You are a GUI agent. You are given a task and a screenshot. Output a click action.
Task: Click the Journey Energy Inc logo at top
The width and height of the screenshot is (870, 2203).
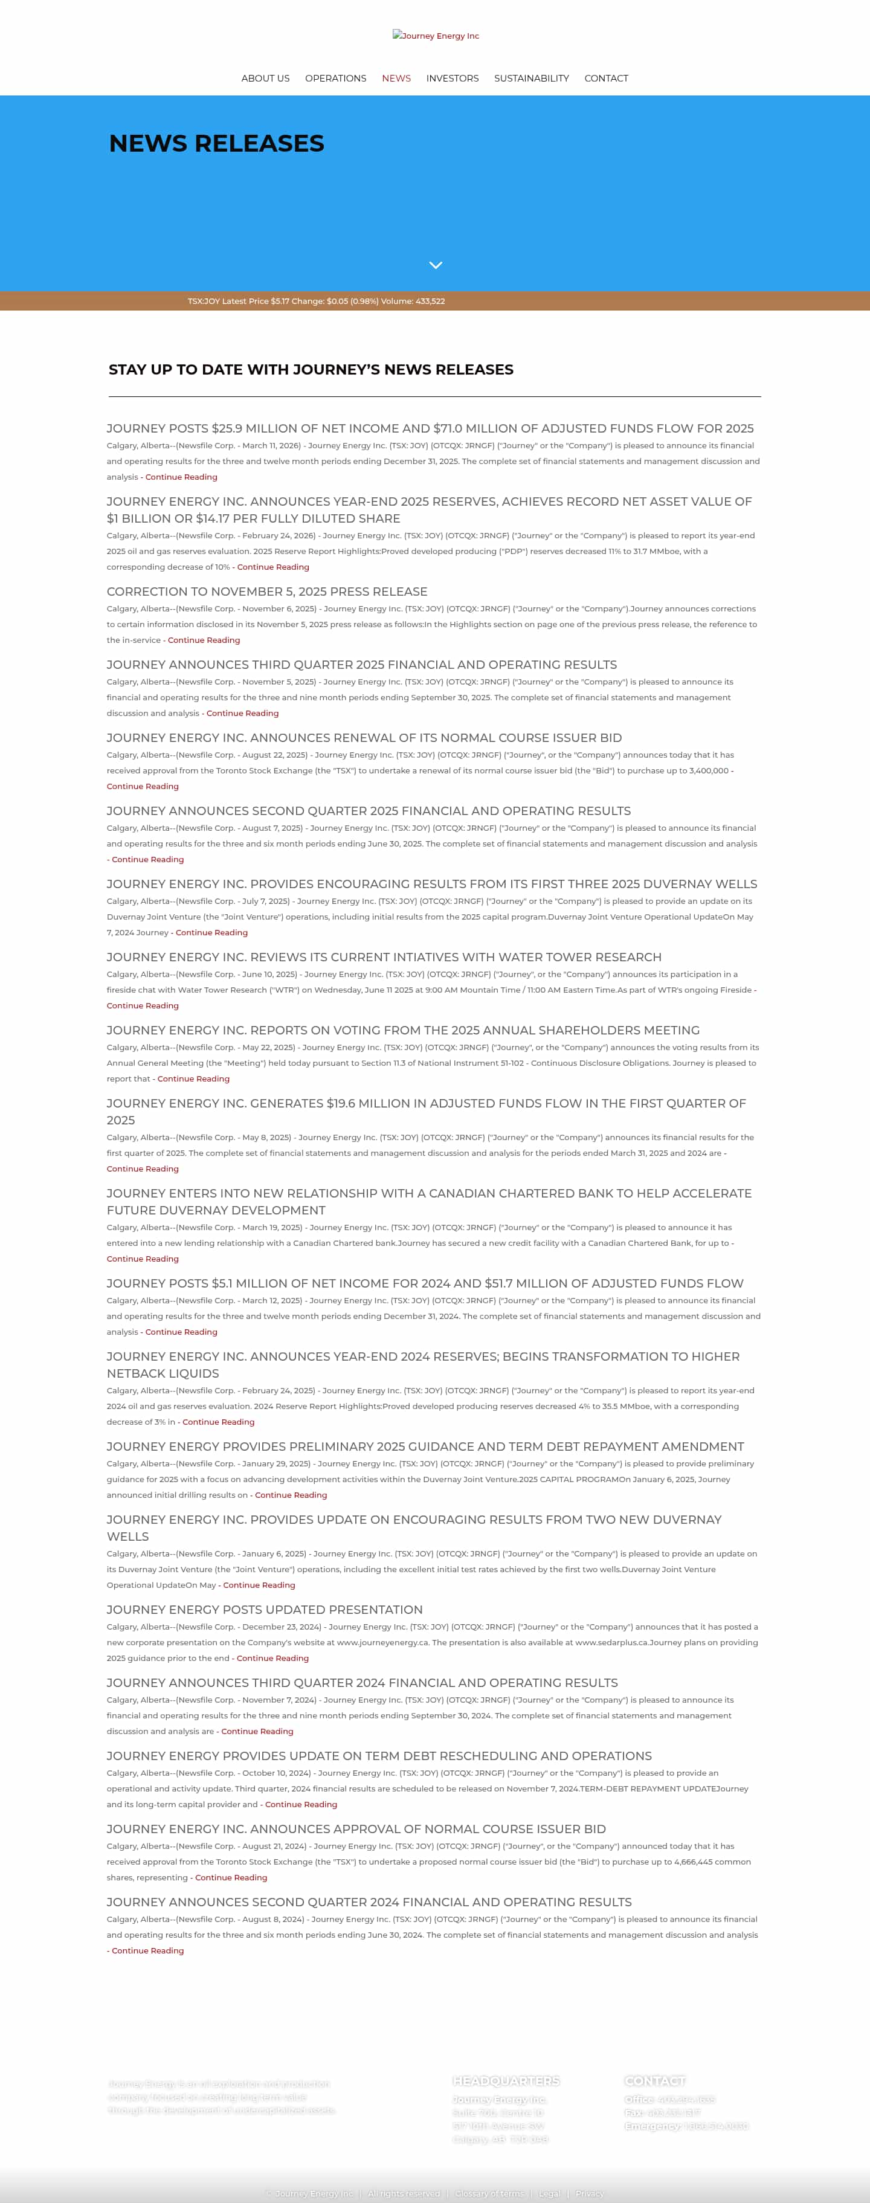coord(436,36)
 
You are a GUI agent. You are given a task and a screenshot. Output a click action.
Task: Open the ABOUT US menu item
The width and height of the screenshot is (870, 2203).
coord(265,79)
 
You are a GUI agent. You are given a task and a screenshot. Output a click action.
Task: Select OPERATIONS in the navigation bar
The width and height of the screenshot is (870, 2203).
coord(335,79)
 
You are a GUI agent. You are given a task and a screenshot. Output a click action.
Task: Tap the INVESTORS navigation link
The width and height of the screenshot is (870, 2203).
coord(452,79)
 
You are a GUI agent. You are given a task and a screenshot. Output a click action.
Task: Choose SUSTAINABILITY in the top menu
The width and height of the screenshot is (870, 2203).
coord(531,79)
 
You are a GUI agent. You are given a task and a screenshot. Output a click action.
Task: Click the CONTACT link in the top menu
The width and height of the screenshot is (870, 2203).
coord(605,79)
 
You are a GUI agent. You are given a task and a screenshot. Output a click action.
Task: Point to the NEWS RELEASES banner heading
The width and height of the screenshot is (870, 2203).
coord(216,144)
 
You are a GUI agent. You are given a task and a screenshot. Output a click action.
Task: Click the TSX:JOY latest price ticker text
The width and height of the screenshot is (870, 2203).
coord(315,301)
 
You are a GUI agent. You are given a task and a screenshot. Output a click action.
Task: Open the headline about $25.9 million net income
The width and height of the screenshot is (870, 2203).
coord(430,428)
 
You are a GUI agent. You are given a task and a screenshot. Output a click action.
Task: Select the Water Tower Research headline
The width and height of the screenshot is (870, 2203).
coord(383,957)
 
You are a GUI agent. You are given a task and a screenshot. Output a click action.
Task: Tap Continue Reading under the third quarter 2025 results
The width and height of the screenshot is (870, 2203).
coord(242,713)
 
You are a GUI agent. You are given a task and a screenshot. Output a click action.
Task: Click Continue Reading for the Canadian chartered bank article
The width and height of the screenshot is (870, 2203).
coord(143,1259)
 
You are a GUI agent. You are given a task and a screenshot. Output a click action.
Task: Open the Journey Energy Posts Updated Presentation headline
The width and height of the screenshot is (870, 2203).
coord(265,1610)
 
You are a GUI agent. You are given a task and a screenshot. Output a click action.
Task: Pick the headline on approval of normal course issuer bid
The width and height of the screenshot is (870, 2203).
coord(356,1829)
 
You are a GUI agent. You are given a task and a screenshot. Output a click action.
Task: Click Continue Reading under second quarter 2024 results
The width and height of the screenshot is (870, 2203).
coord(147,1950)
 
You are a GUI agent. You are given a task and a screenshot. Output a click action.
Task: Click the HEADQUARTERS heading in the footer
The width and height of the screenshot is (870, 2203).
coord(506,2082)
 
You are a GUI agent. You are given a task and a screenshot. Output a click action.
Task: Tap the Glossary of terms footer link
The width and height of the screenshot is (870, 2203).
coord(488,2193)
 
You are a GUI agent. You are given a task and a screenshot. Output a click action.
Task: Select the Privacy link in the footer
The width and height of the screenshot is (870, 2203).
coord(590,2193)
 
